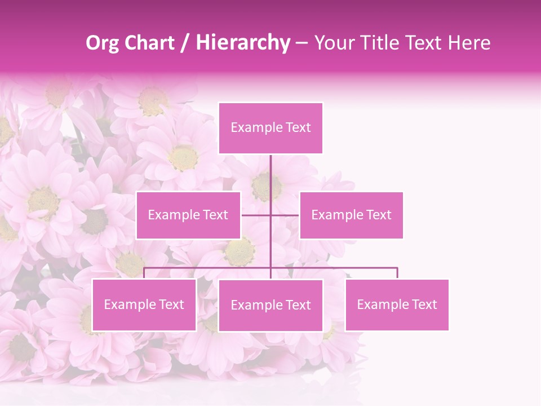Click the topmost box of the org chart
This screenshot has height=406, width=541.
[270, 128]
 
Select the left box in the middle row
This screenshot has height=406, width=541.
[188, 215]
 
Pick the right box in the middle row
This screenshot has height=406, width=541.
[351, 215]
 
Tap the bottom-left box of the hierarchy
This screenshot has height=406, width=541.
[144, 304]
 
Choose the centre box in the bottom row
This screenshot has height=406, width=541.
[270, 305]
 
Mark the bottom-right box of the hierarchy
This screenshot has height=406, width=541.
[397, 304]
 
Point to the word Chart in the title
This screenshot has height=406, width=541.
[149, 43]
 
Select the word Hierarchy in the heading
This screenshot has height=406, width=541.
[243, 43]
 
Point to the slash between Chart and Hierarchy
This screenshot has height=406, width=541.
[185, 43]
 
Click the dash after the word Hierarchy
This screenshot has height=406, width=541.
[301, 43]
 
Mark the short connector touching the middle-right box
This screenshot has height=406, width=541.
[286, 215]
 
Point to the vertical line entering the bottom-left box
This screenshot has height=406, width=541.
[144, 273]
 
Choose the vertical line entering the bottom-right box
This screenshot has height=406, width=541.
[397, 273]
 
